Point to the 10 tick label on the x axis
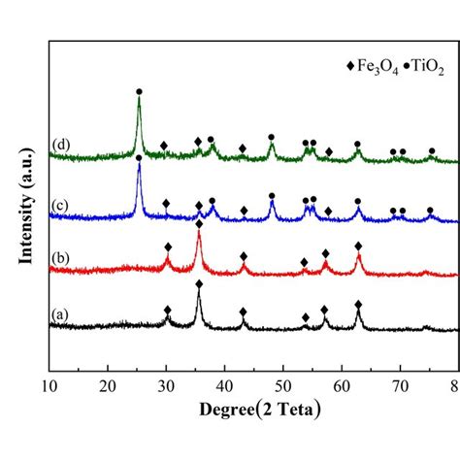pos(49,387)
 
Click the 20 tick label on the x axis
pos(107,387)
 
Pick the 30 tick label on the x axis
pos(166,387)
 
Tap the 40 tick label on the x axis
pos(224,387)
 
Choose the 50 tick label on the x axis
pos(283,387)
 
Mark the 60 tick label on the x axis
pos(342,387)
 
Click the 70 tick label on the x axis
pos(400,387)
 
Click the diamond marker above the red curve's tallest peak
pos(199,224)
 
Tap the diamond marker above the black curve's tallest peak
pos(199,284)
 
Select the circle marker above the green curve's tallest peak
pos(139,91)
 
